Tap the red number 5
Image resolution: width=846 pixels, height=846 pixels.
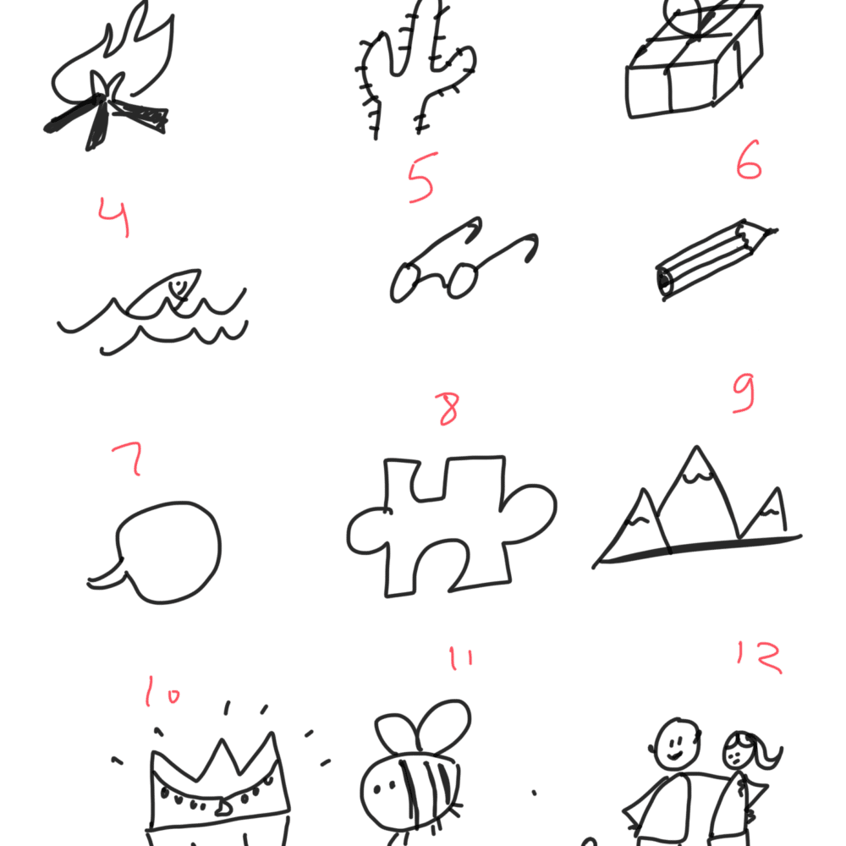coord(422,178)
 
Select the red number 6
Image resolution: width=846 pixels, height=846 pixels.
coord(749,160)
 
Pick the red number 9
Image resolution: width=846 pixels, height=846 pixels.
coord(744,393)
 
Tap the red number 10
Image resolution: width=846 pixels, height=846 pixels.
coord(163,692)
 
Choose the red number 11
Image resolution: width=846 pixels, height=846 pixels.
coord(461,659)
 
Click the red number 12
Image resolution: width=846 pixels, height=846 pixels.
coord(760,657)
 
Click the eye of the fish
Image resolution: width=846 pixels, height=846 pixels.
coord(177,283)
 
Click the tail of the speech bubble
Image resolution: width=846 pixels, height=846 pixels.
coord(108,576)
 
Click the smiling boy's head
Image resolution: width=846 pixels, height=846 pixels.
coord(677,744)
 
